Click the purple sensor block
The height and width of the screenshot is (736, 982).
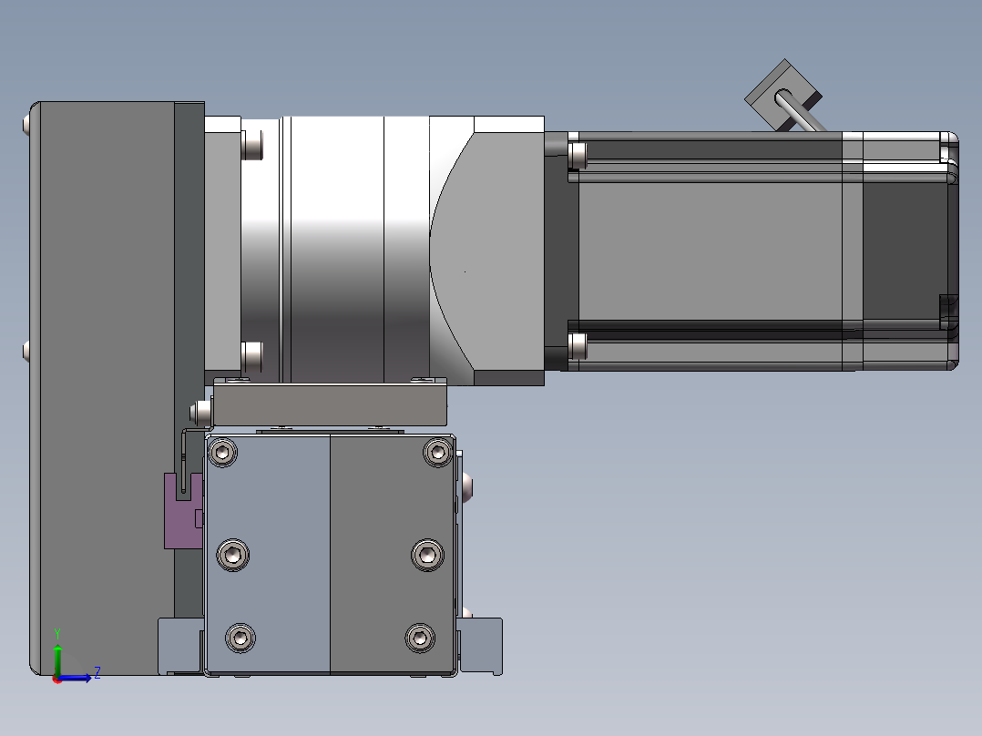click(x=183, y=510)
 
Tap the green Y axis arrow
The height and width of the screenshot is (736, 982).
click(x=57, y=655)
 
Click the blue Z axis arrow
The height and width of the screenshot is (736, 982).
click(x=75, y=678)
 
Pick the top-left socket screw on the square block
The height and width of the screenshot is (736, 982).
click(x=222, y=452)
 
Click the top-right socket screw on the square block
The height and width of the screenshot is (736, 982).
click(x=438, y=452)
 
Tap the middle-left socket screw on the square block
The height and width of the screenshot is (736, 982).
click(x=233, y=555)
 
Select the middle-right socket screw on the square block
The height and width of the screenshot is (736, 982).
click(x=428, y=555)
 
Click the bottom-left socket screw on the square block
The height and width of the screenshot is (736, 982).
click(x=240, y=639)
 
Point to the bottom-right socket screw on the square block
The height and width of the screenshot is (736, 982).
click(x=420, y=639)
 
